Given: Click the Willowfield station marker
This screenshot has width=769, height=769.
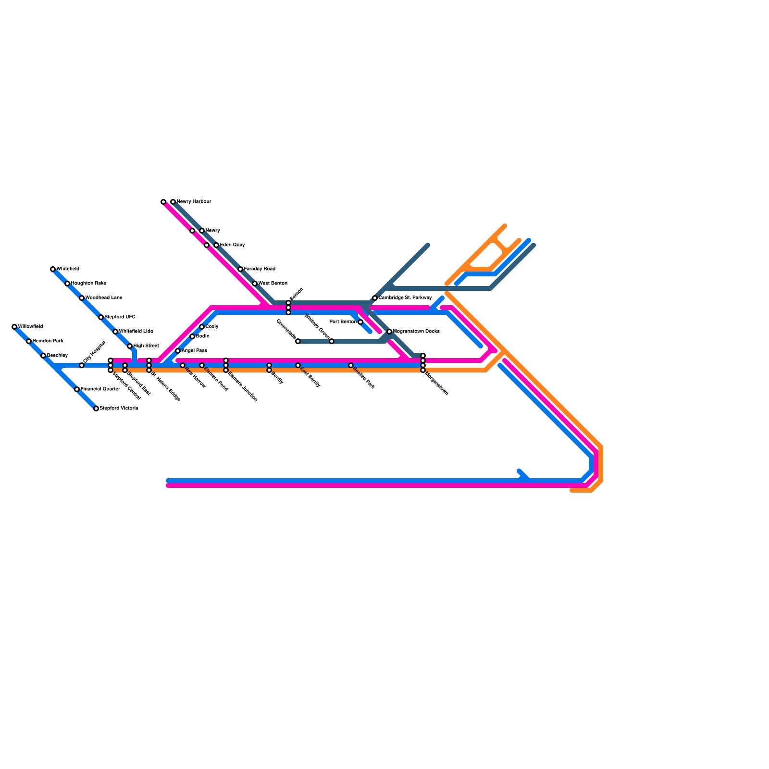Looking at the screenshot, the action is [x=14, y=327].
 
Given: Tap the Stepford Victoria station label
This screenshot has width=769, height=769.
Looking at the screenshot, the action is [x=119, y=409].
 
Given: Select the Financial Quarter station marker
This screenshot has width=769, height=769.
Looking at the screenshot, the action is [x=77, y=389].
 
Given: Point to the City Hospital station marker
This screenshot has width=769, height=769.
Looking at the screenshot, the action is [x=82, y=365].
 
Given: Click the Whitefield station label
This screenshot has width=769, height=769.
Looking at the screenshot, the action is [x=68, y=269].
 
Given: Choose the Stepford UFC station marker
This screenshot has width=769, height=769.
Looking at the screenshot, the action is [x=101, y=317].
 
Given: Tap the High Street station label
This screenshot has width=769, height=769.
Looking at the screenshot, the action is [x=146, y=346].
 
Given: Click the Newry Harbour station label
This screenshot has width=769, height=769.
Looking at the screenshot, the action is [x=194, y=202].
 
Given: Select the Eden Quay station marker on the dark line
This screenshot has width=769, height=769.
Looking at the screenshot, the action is [x=216, y=245].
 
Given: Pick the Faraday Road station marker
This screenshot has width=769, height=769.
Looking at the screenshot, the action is [x=240, y=269].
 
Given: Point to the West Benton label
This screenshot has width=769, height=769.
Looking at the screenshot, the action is [x=273, y=284].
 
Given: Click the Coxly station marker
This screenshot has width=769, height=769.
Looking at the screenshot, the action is [x=202, y=327].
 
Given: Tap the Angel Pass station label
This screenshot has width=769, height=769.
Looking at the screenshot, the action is [x=194, y=351].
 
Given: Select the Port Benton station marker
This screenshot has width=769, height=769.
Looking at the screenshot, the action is [x=360, y=322].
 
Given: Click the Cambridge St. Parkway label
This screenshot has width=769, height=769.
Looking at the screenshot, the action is [x=405, y=298].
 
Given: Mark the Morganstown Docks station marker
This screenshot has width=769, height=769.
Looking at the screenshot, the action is [x=389, y=332].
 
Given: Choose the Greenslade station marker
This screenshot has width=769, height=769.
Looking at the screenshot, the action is [x=298, y=341].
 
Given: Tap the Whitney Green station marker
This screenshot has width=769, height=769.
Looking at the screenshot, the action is [x=332, y=341].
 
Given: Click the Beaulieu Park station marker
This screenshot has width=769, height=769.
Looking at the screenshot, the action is [x=351, y=365].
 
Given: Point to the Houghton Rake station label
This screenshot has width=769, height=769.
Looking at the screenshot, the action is [x=88, y=284].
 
